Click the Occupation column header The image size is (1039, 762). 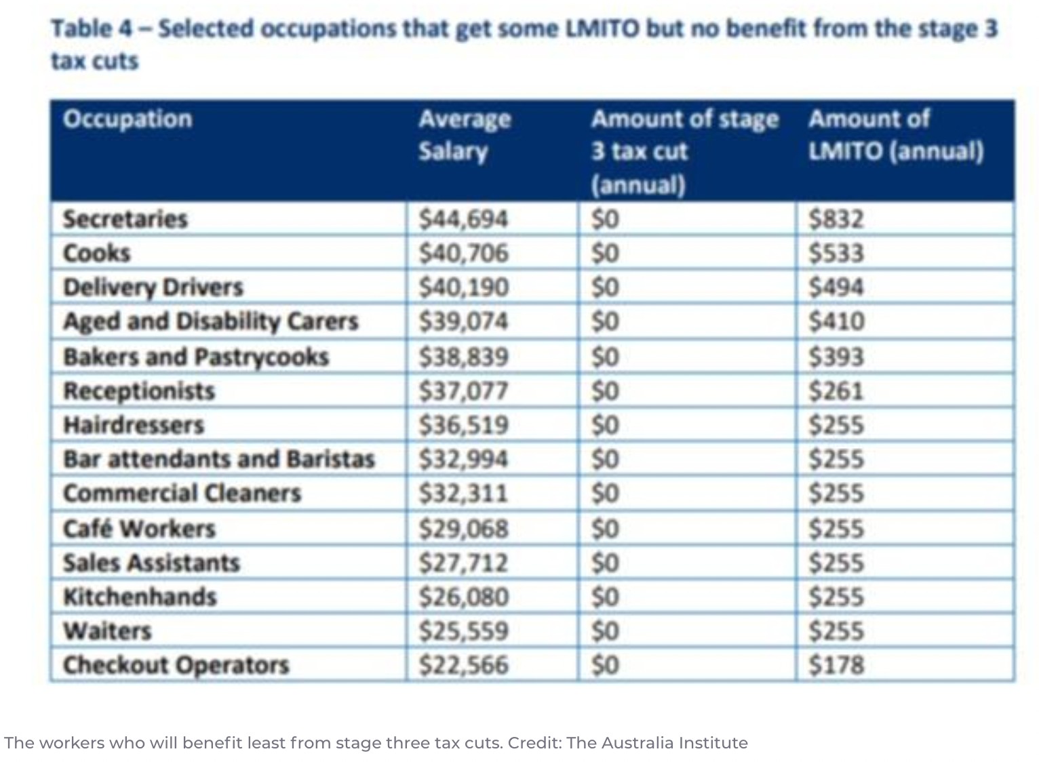click(128, 119)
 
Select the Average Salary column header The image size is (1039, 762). click(465, 135)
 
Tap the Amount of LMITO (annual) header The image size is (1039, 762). click(895, 135)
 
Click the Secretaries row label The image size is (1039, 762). click(125, 219)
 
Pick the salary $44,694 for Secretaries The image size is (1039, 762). click(463, 219)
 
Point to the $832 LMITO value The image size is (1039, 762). click(836, 219)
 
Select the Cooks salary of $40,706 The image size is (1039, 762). click(463, 253)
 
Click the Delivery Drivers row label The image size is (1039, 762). click(153, 287)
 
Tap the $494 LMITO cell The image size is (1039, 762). click(836, 287)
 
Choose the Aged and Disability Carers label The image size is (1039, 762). click(210, 321)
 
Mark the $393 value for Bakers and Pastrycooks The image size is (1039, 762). click(836, 357)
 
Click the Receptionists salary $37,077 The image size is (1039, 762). click(463, 391)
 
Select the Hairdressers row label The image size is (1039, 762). click(134, 425)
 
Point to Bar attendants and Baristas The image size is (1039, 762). click(218, 459)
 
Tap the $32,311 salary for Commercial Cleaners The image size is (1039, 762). click(463, 493)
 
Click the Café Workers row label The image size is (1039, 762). click(139, 528)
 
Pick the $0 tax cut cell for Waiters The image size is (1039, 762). click(605, 631)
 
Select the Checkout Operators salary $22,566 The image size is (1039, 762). click(463, 665)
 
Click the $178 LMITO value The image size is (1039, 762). click(836, 665)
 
